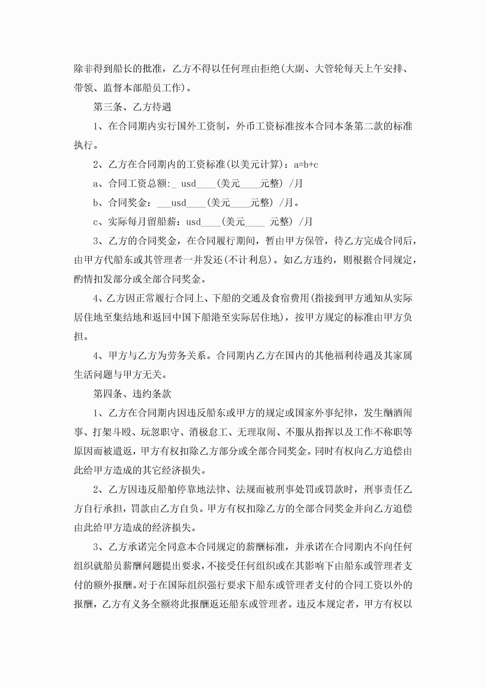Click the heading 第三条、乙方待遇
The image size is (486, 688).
tap(132, 107)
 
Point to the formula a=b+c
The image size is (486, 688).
tap(306, 165)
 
